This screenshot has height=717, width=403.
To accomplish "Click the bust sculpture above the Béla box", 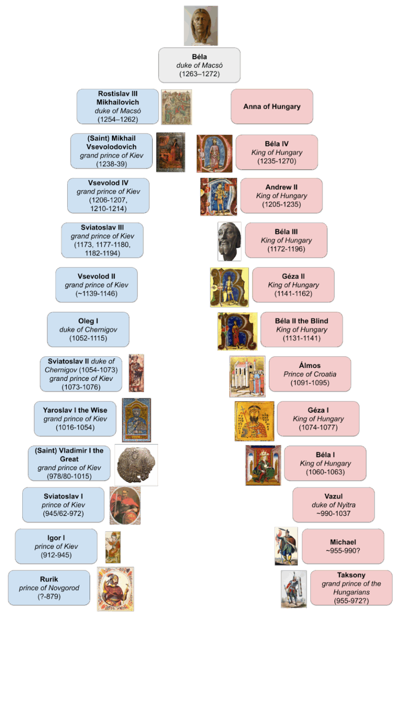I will pos(201,26).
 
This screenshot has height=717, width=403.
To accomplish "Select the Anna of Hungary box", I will pos(271,106).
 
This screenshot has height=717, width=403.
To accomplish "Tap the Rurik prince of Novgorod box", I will pos(49,588).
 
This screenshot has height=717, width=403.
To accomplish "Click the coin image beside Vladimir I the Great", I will pos(136,465).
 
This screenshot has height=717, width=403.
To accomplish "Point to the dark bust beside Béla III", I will pos(229,241).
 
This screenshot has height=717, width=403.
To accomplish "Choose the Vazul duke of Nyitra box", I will pos(333,505).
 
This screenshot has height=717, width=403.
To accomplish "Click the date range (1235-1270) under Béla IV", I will pos(277,161).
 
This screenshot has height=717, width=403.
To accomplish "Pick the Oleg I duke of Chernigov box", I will pos(88,330).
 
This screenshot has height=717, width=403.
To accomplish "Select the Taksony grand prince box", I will pos(351,588).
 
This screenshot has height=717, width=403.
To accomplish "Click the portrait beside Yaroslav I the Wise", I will pos(136,420).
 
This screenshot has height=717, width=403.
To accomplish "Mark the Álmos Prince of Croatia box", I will pos(310,374).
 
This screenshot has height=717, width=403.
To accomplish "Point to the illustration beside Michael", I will pos(286,546).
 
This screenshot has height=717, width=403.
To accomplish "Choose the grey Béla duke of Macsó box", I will pos(199,65).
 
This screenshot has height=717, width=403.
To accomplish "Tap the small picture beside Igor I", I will pos(112,547).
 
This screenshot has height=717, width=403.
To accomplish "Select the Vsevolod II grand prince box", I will pos(96,285).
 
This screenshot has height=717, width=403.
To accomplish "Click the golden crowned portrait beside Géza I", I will pos(254,421).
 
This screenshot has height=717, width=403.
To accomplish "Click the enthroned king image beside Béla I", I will pos(263,465).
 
